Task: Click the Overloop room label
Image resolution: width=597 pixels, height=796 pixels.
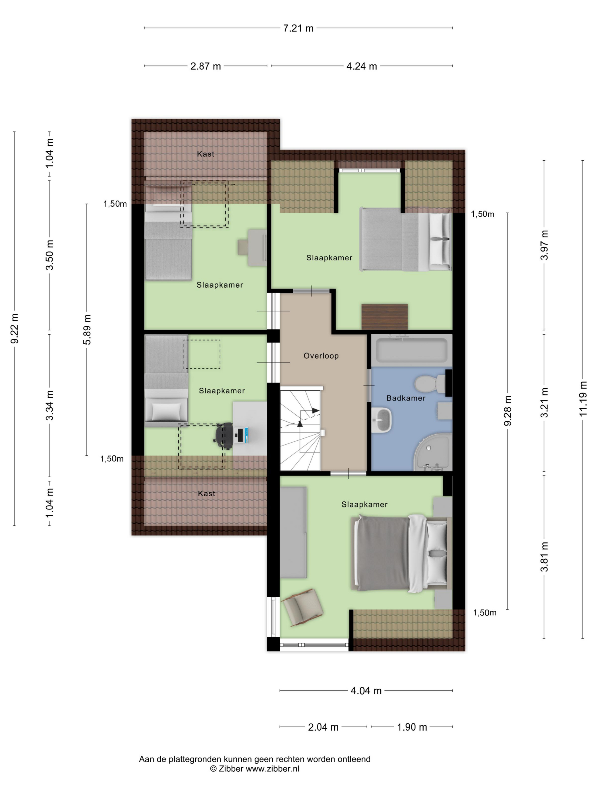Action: pyautogui.click(x=321, y=356)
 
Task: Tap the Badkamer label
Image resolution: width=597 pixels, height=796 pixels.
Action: pyautogui.click(x=406, y=398)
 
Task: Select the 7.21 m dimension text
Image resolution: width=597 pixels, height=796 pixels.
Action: pyautogui.click(x=298, y=28)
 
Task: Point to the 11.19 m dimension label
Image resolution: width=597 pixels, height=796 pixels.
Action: pyautogui.click(x=583, y=399)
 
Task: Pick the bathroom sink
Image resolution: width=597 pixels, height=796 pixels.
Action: pyautogui.click(x=382, y=420)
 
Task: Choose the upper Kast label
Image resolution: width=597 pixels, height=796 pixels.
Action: pyautogui.click(x=206, y=154)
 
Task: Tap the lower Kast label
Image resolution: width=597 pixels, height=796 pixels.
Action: pyautogui.click(x=207, y=493)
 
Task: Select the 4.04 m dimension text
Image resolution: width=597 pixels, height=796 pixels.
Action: pyautogui.click(x=366, y=691)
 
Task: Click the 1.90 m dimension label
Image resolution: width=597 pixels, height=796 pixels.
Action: pyautogui.click(x=412, y=727)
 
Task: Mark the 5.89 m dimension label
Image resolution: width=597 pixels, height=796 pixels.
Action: pyautogui.click(x=87, y=329)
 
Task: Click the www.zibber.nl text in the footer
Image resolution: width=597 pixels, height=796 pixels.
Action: pyautogui.click(x=272, y=769)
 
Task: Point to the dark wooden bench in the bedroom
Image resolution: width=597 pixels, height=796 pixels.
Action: pyautogui.click(x=384, y=317)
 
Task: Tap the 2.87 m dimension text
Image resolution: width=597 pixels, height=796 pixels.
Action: pyautogui.click(x=206, y=66)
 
